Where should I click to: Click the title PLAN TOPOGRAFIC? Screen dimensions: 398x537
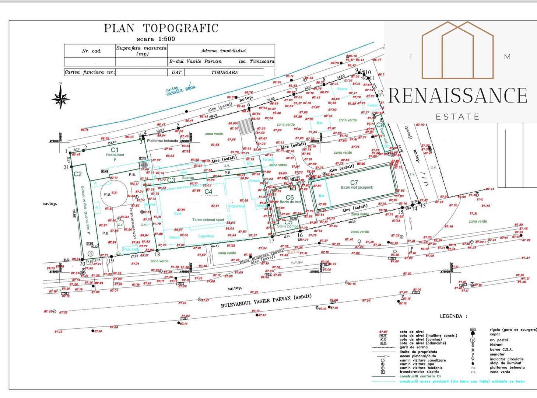[x=161, y=28]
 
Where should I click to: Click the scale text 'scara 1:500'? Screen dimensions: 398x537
[x=156, y=39]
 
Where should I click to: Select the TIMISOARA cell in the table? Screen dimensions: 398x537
[x=224, y=73]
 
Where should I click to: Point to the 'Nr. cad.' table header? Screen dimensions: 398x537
[x=91, y=51]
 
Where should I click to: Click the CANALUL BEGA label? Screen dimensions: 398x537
[x=180, y=90]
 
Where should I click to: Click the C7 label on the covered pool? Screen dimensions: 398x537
[x=354, y=182]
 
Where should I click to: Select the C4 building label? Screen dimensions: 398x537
[x=208, y=192]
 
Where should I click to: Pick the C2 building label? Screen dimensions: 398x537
[x=78, y=174]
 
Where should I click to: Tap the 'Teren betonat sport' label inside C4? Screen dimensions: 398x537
[x=208, y=220]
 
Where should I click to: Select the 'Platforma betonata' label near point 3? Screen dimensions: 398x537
[x=162, y=141]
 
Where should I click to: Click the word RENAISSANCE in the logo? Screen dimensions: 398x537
[x=458, y=96]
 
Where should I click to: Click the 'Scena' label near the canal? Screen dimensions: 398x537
[x=342, y=89]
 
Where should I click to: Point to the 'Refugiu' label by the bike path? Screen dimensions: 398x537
[x=297, y=262]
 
